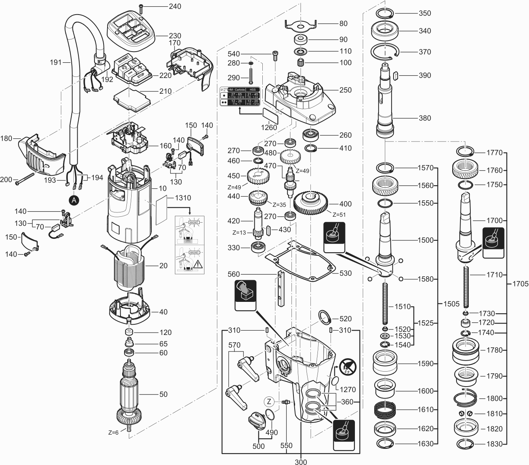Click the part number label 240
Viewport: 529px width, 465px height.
pyautogui.click(x=175, y=6)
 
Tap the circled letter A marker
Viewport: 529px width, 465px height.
pyautogui.click(x=74, y=200)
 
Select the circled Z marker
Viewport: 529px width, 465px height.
pyautogui.click(x=269, y=402)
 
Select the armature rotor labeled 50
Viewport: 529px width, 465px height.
pyautogui.click(x=129, y=394)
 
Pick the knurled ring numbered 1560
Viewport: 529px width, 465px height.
pyautogui.click(x=384, y=186)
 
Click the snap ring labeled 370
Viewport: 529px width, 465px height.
pyautogui.click(x=385, y=52)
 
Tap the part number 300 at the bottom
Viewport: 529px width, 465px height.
pyautogui.click(x=301, y=461)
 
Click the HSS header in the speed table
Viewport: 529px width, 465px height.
pyautogui.click(x=253, y=90)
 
